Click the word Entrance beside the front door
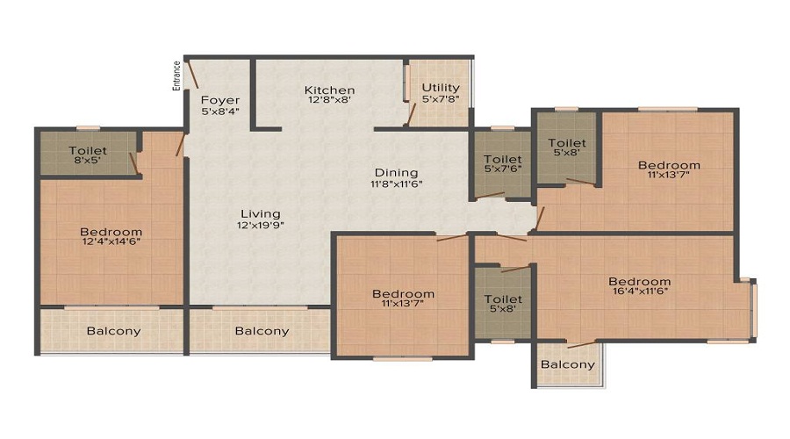point(176,76)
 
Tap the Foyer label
point(220,100)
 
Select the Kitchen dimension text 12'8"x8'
point(329,100)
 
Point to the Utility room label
point(441,88)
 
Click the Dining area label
point(396,173)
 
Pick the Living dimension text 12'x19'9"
point(261,225)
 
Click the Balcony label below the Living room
point(262,331)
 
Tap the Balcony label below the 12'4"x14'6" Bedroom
point(113,331)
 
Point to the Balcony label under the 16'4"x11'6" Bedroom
point(568,364)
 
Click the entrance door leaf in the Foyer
point(192,75)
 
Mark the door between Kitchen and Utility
point(411,114)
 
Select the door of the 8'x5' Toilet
point(133,164)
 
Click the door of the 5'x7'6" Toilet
point(490,195)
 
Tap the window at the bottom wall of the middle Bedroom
point(403,359)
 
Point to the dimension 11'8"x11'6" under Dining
point(397,184)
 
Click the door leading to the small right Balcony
point(581,345)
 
